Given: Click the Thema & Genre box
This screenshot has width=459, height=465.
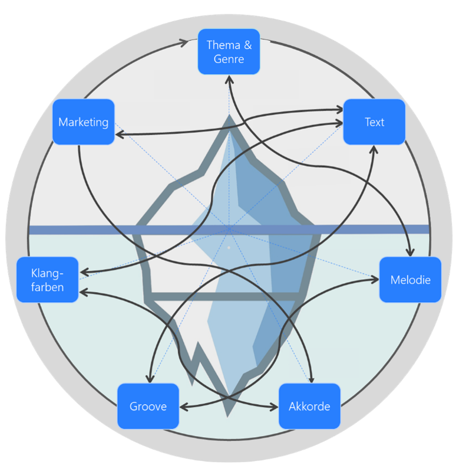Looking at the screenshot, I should (x=229, y=51).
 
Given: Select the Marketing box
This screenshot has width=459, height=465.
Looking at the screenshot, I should (x=83, y=122).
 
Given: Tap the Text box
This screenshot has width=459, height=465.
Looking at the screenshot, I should (x=374, y=122).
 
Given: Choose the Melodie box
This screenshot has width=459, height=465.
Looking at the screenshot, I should (x=410, y=280).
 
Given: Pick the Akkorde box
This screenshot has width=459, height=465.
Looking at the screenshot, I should (x=309, y=406).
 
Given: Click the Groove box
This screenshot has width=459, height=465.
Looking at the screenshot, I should (x=148, y=406).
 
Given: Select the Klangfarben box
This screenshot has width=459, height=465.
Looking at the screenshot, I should (x=47, y=280).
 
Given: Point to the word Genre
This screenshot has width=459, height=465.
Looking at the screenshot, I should (x=229, y=59).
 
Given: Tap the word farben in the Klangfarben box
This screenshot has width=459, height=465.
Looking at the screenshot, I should (x=47, y=287).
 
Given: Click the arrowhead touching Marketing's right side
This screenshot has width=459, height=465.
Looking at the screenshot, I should (x=119, y=135).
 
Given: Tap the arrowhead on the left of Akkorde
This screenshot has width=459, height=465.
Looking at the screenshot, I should (x=275, y=407).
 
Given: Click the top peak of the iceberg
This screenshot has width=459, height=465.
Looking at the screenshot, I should (x=229, y=116).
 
